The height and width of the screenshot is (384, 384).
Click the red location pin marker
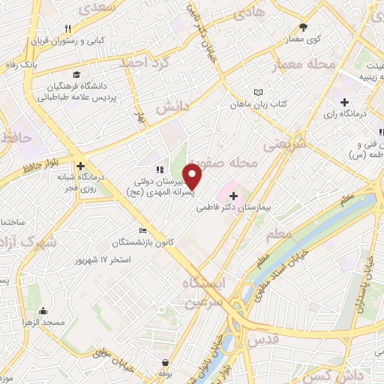(193, 176)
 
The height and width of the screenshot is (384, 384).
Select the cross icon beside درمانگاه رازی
(344, 101)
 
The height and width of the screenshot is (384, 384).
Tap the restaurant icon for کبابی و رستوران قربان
(68, 28)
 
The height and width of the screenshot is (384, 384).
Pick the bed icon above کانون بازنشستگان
(142, 230)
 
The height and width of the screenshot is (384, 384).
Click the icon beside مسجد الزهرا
(43, 310)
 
